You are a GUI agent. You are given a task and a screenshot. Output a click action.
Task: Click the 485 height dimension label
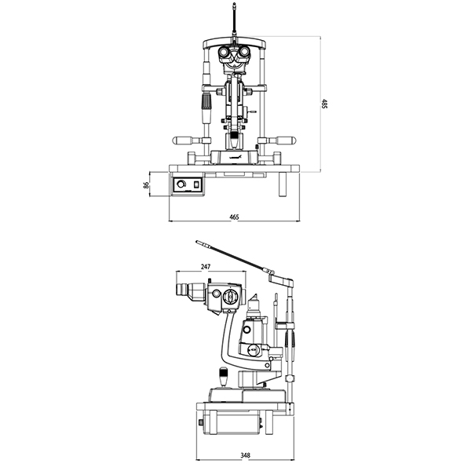coord(324,104)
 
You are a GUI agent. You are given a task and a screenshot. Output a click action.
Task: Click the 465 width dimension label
coord(234,217)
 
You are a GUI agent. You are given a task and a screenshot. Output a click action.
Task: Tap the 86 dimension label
coord(146,184)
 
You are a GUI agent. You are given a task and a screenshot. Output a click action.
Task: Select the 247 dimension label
coord(206,266)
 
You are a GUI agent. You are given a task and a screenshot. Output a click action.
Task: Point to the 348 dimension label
coord(245,455)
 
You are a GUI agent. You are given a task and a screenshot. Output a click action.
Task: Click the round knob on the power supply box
coord(181,184)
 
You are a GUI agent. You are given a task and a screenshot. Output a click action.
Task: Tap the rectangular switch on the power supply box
coord(197,184)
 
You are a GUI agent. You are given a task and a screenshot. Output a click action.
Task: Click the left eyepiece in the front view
coord(224,52)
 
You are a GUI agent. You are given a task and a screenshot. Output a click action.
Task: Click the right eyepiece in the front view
coord(245,52)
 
